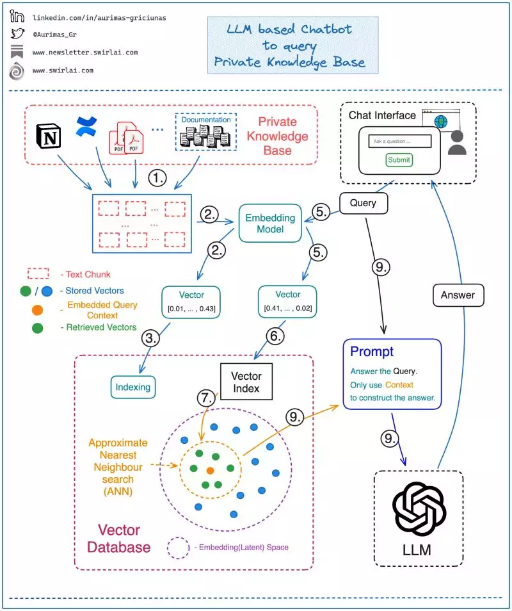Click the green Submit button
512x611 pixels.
tap(399, 159)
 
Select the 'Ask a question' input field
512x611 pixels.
tap(400, 140)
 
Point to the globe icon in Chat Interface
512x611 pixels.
tap(440, 122)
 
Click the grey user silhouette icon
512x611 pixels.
tap(457, 143)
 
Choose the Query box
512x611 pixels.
tap(363, 204)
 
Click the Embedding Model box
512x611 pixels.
tap(270, 224)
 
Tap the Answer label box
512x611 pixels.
tap(458, 295)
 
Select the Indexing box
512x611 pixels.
tap(132, 387)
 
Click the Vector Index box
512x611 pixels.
tap(246, 382)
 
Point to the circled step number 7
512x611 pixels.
tap(207, 398)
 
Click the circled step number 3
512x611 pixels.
tap(150, 339)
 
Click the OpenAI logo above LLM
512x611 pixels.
tap(419, 510)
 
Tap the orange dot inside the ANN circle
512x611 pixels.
tap(210, 471)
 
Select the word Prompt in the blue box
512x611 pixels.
tap(372, 352)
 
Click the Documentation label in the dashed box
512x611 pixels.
tap(205, 120)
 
